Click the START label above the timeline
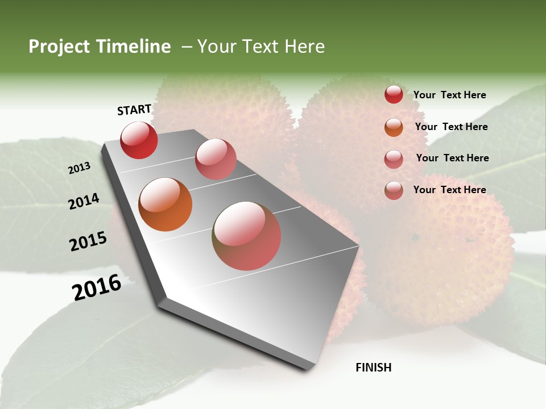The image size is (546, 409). [134, 110]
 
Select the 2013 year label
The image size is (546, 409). [79, 168]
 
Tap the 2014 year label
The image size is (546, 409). [84, 202]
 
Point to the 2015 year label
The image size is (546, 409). [88, 241]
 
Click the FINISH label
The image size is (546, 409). [373, 368]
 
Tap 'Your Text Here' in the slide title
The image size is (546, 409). [261, 47]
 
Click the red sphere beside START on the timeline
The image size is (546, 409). [139, 140]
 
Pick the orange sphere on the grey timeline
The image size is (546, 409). [166, 204]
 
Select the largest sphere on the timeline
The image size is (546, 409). [247, 236]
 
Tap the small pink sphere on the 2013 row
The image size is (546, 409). [216, 159]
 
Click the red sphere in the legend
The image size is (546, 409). [394, 94]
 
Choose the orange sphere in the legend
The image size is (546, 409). [394, 127]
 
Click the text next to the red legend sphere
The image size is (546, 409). [449, 95]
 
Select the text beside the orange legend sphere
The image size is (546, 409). [451, 127]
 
